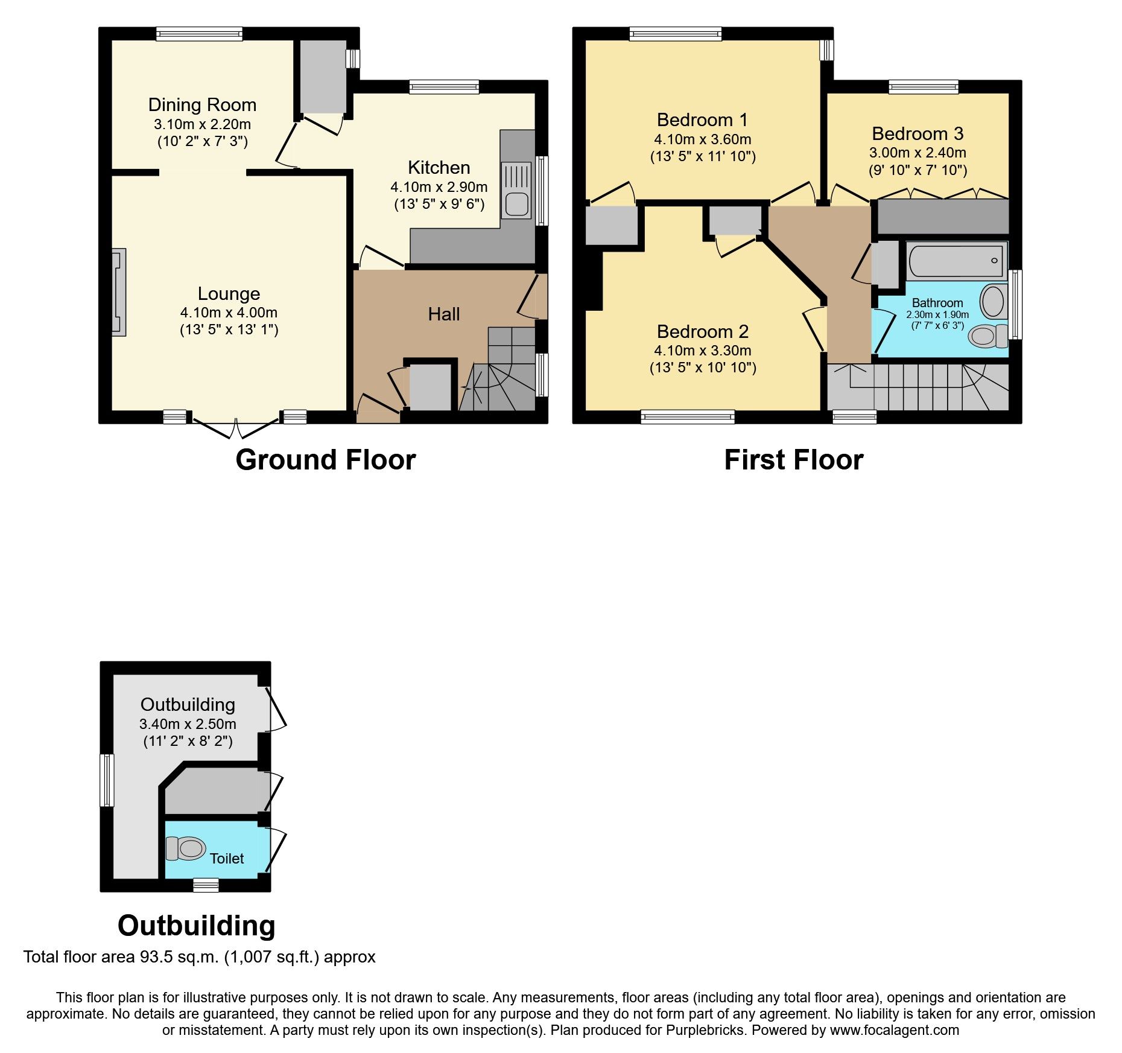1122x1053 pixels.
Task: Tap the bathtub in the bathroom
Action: coord(956,261)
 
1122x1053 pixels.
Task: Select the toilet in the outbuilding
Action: coord(185,848)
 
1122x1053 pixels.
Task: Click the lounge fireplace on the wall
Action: coord(119,292)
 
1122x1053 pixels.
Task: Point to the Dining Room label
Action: coord(202,105)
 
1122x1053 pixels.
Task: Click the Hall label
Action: coord(443,314)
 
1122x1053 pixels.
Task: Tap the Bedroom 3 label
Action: coord(917,133)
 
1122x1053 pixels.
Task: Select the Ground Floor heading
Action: coord(325,460)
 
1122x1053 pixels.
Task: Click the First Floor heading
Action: coord(793,460)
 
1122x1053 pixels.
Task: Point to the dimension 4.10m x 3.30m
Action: coord(702,350)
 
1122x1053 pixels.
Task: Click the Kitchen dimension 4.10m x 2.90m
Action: coord(439,186)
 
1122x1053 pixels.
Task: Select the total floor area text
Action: coord(199,957)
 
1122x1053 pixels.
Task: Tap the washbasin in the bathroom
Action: coord(992,301)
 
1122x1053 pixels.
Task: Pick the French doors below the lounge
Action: coord(236,427)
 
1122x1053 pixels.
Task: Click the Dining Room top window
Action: coord(199,34)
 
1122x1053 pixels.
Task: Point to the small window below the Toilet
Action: coord(206,885)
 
